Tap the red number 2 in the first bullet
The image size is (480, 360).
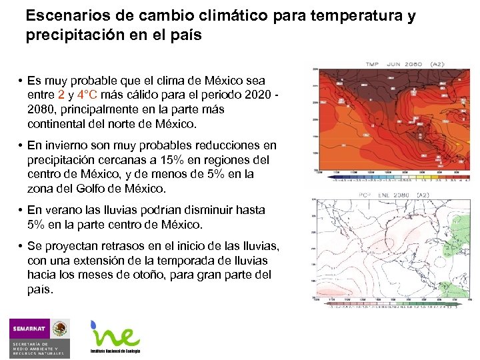click(62, 95)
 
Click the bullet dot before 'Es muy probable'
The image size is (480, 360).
click(21, 81)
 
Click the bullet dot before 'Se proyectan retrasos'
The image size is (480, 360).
click(21, 247)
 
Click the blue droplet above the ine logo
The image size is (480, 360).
click(95, 324)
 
